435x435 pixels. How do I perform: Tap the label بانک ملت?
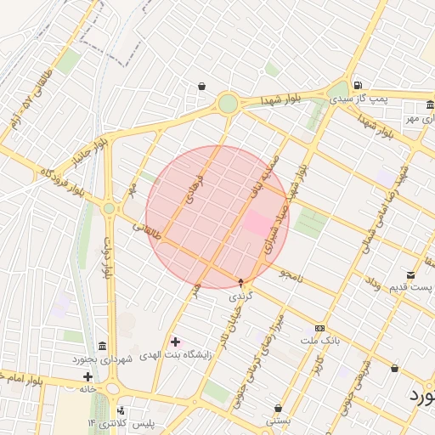pyautogui.click(x=319, y=340)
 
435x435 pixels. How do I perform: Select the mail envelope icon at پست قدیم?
pyautogui.click(x=411, y=274)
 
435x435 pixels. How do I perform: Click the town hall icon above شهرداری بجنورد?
pyautogui.click(x=102, y=346)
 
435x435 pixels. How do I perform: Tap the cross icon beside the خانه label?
pyautogui.click(x=88, y=376)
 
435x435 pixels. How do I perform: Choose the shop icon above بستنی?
pyautogui.click(x=278, y=408)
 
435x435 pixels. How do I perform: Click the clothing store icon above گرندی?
pyautogui.click(x=241, y=282)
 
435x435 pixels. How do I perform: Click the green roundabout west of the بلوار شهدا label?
pyautogui.click(x=228, y=105)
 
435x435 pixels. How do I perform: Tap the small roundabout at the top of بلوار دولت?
pyautogui.click(x=109, y=208)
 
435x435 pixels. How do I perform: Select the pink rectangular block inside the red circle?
pyautogui.click(x=258, y=223)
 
